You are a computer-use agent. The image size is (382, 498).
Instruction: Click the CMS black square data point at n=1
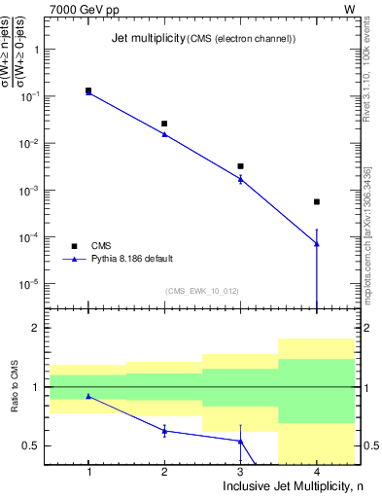pos(88,90)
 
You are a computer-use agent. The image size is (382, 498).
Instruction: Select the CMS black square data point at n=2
pos(164,124)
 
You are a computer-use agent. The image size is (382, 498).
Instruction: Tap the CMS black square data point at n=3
pos(240,166)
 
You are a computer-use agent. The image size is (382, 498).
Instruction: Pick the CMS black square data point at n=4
pos(316,201)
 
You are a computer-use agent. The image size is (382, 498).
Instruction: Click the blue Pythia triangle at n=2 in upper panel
pos(164,134)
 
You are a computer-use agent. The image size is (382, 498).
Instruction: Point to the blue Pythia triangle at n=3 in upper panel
pos(240,178)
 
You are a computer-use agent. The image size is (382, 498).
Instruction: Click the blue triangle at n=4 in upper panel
pos(316,243)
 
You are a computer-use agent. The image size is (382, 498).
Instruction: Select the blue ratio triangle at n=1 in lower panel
pos(88,396)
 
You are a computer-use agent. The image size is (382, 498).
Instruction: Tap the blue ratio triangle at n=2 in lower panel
pos(164,430)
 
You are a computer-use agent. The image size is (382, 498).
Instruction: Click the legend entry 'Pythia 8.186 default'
pos(132,259)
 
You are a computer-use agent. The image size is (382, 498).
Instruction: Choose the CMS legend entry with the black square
pos(100,245)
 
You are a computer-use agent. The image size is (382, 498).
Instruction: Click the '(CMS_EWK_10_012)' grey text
pos(202,291)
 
